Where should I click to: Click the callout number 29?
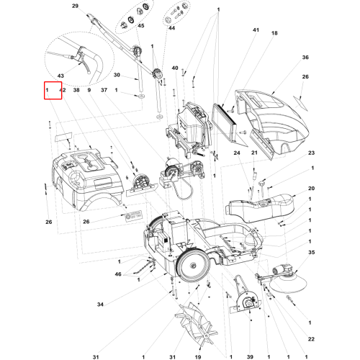[x=75, y=6]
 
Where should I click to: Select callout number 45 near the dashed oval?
[x=141, y=26]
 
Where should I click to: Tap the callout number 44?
[x=171, y=28]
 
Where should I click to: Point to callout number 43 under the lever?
[x=60, y=76]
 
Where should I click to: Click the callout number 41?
[x=256, y=30]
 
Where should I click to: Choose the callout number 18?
[x=274, y=33]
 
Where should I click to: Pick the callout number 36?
[x=305, y=58]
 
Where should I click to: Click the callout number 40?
[x=175, y=68]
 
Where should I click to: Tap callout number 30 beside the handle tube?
[x=117, y=75]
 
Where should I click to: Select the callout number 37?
[x=104, y=90]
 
